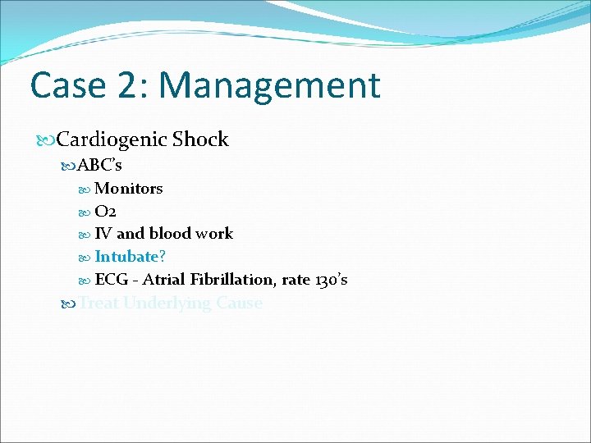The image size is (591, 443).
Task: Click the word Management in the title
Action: pyautogui.click(x=270, y=85)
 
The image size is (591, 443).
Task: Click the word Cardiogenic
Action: pyautogui.click(x=112, y=139)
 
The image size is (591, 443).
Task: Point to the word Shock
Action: pyautogui.click(x=200, y=139)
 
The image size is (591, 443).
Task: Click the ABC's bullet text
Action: pyautogui.click(x=100, y=165)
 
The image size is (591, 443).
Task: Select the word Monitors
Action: pyautogui.click(x=129, y=189)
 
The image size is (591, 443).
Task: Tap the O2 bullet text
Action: pyautogui.click(x=105, y=211)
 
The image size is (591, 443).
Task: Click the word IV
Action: pyautogui.click(x=103, y=234)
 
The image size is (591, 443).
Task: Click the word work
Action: pyautogui.click(x=215, y=234)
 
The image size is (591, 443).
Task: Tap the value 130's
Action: pyautogui.click(x=331, y=280)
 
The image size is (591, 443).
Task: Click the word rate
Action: pyautogui.click(x=295, y=280)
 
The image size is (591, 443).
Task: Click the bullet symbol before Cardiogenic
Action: pyautogui.click(x=46, y=140)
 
